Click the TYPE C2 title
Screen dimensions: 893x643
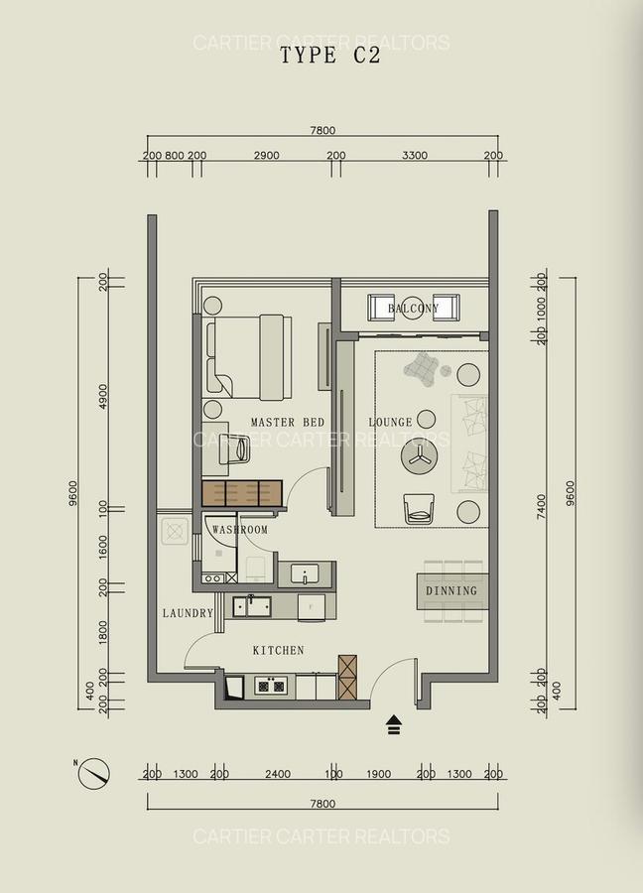pos(329,56)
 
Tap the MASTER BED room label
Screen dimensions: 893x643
pos(288,423)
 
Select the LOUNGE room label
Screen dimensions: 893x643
pos(390,423)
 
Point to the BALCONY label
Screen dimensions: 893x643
pos(413,309)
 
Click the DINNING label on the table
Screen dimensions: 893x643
pos(451,591)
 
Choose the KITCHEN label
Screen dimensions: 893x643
pos(278,651)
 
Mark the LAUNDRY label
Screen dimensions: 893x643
pos(189,614)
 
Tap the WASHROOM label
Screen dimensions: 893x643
pos(240,530)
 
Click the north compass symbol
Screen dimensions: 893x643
pos(95,771)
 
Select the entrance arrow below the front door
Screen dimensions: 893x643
pos(394,724)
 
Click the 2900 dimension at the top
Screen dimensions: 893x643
pos(266,156)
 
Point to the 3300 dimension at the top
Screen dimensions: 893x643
pos(414,156)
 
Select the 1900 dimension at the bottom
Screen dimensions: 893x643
pos(378,775)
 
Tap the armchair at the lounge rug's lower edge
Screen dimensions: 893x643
pos(419,509)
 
